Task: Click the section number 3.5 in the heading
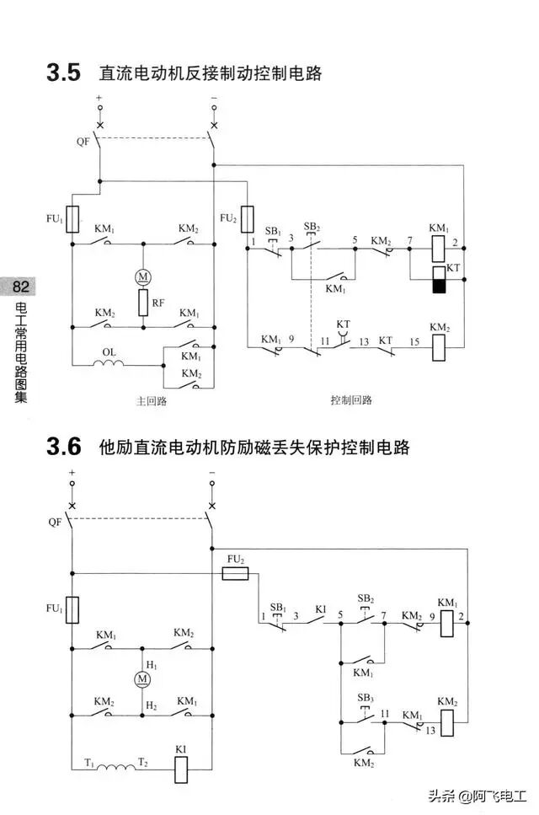(x=63, y=73)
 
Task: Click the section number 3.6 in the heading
(x=63, y=447)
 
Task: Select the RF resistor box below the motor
(x=142, y=301)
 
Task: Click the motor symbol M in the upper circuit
(x=142, y=276)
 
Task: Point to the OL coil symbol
(x=109, y=364)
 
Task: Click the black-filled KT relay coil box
(x=438, y=284)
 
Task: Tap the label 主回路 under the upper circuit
(x=152, y=401)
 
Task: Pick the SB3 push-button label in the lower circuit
(x=365, y=699)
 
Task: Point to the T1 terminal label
(x=88, y=760)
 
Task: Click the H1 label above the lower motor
(x=152, y=665)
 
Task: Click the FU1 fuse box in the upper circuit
(x=72, y=219)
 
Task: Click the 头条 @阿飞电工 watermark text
(x=477, y=796)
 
